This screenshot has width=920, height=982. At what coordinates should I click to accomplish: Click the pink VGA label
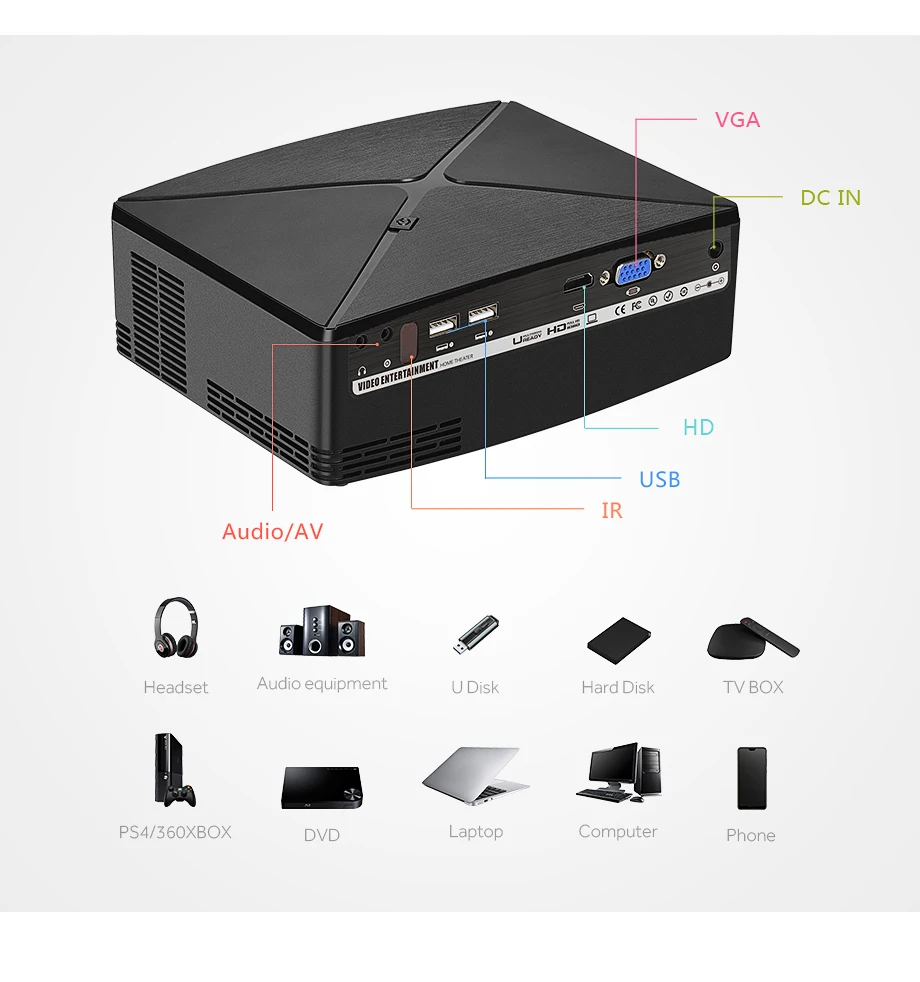pos(737,120)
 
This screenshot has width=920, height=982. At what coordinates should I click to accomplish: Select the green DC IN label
pos(830,198)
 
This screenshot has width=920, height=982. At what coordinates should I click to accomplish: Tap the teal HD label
pos(698,428)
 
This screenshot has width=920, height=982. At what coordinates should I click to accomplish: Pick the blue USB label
pos(659,480)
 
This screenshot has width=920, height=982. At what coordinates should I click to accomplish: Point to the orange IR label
pos(611,511)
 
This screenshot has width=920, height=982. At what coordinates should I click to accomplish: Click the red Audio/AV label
pos(272,532)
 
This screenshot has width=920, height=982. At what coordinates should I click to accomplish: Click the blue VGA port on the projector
pos(635,271)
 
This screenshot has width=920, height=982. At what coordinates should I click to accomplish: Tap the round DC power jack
pos(715,249)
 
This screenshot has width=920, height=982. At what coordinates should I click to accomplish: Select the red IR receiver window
pos(409,342)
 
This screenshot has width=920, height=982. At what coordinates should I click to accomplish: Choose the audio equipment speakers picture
pos(322,630)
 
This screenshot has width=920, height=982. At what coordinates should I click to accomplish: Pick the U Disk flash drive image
pos(476,636)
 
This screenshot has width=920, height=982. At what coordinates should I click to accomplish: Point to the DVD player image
pos(322,788)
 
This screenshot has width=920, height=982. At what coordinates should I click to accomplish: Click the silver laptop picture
pos(476,775)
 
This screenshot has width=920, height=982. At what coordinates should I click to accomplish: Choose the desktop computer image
pos(618,772)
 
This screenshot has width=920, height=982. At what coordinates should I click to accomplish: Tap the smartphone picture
pos(751,778)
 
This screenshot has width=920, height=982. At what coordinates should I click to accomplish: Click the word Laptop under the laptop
pos(476,832)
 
